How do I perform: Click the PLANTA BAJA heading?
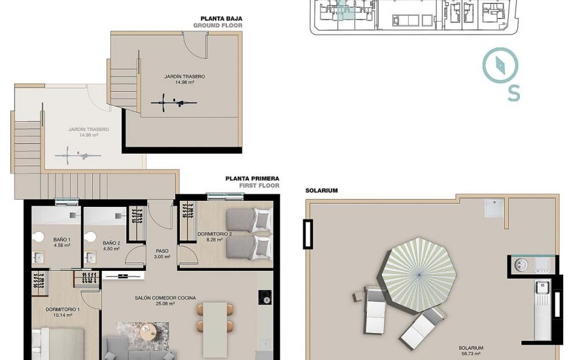click(221, 18)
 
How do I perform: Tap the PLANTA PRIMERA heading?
click(252, 179)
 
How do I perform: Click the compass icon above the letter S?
click(500, 65)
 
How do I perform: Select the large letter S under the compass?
click(513, 93)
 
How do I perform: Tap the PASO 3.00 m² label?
click(162, 253)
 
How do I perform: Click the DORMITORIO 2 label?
click(215, 234)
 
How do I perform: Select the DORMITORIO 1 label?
click(63, 310)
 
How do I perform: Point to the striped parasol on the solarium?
click(419, 274)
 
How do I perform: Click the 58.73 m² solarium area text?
click(470, 353)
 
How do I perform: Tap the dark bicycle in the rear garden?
click(174, 103)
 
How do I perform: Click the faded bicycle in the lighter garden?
click(78, 156)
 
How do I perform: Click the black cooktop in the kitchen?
click(266, 297)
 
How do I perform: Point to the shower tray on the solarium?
click(494, 207)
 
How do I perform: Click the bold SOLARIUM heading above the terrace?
click(322, 190)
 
